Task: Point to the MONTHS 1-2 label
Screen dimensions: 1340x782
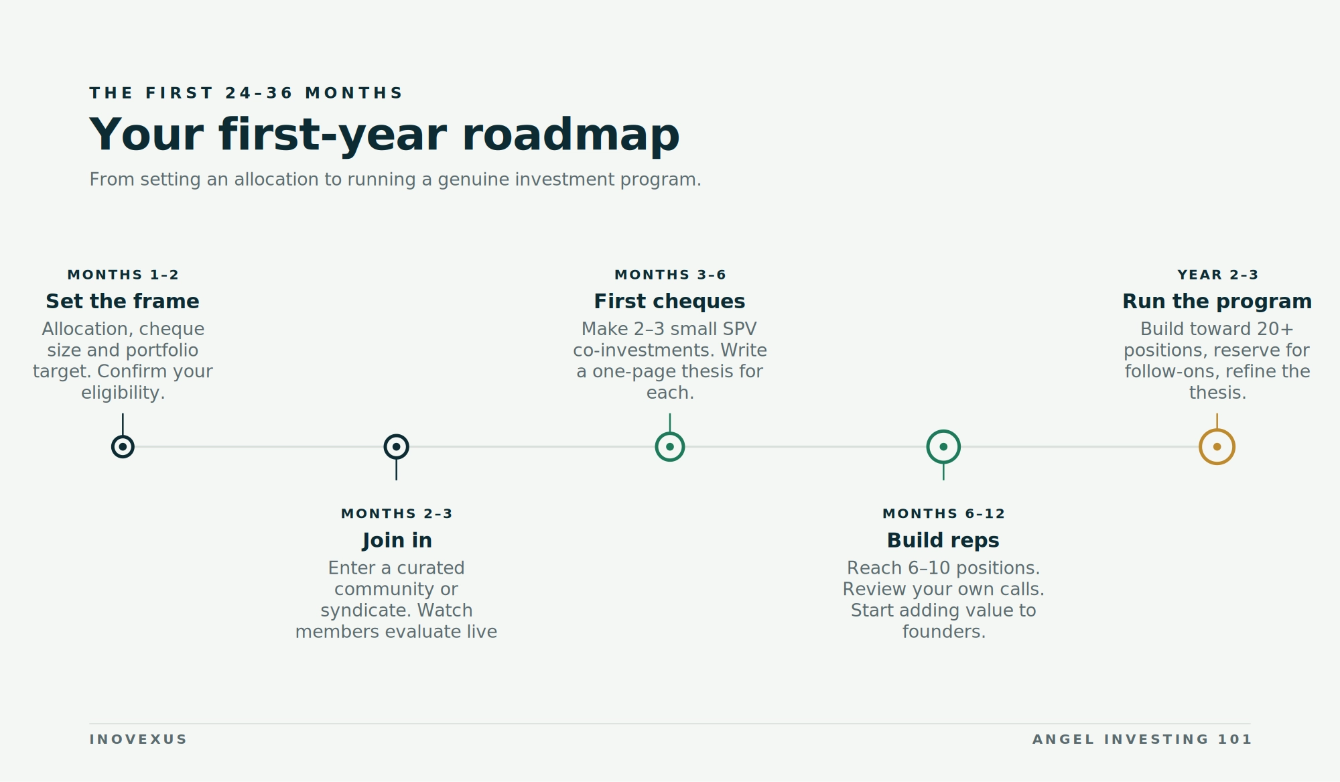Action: (x=123, y=275)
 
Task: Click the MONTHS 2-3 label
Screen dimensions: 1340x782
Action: (x=397, y=514)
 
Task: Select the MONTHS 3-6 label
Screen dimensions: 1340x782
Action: (x=670, y=275)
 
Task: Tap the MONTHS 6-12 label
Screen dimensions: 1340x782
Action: (x=943, y=514)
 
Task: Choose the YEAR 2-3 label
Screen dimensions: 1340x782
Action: (x=1217, y=275)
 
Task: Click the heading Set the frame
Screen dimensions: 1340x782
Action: (x=123, y=302)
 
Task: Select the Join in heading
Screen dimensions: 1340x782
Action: (x=397, y=541)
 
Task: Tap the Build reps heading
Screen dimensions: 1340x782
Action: (x=943, y=541)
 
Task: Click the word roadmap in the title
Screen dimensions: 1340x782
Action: (x=571, y=135)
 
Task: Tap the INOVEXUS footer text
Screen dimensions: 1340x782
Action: (x=138, y=740)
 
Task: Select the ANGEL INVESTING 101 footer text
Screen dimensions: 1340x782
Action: (x=1142, y=740)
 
